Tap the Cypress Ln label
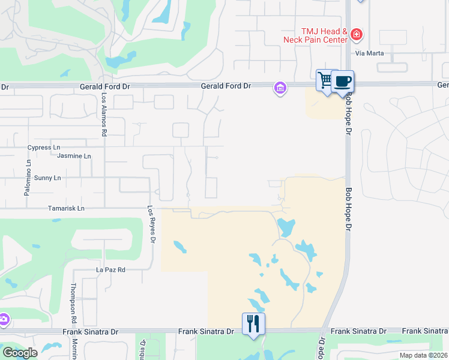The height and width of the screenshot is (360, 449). click(44, 147)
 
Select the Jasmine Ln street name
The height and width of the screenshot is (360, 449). click(74, 156)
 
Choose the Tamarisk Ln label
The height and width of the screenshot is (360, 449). click(67, 208)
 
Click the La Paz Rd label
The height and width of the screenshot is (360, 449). click(110, 270)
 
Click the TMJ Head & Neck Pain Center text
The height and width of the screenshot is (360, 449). click(316, 35)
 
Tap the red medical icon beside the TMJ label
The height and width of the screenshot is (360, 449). click(357, 35)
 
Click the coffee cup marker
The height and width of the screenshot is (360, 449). click(342, 81)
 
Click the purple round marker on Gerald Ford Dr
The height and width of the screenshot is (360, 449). click(279, 88)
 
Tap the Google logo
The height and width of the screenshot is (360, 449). click(20, 353)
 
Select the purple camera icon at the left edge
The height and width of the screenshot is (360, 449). click(3, 319)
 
